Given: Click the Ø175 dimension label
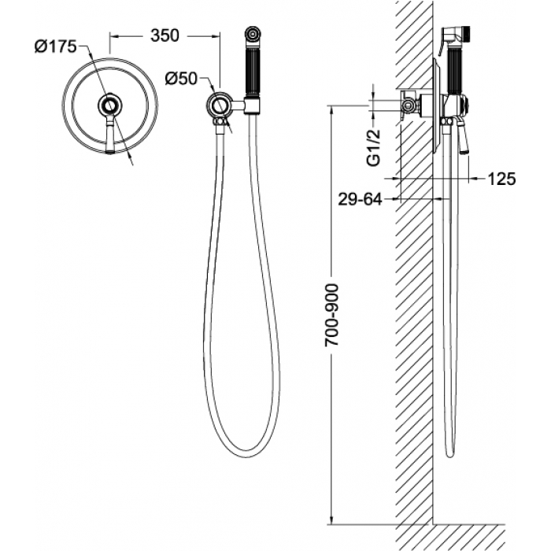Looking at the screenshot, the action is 56,46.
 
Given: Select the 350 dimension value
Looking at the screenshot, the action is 165,35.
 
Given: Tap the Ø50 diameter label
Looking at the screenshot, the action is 181,79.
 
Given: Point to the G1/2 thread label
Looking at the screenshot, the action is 373,147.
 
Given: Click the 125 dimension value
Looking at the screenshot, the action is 501,179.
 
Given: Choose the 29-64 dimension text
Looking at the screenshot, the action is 360,200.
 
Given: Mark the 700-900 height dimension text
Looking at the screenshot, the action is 331,315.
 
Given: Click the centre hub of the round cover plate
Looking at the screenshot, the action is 110,105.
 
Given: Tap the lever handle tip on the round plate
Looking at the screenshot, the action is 110,151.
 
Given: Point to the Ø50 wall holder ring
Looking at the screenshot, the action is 220,105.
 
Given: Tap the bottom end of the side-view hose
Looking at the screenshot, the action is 450,456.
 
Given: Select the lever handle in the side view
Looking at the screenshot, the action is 462,136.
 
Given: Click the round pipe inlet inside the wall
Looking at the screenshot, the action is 408,105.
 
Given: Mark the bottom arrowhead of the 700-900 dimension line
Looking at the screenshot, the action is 331,520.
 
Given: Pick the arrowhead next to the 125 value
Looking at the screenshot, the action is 475,179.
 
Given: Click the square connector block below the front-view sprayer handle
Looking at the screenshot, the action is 253,105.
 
